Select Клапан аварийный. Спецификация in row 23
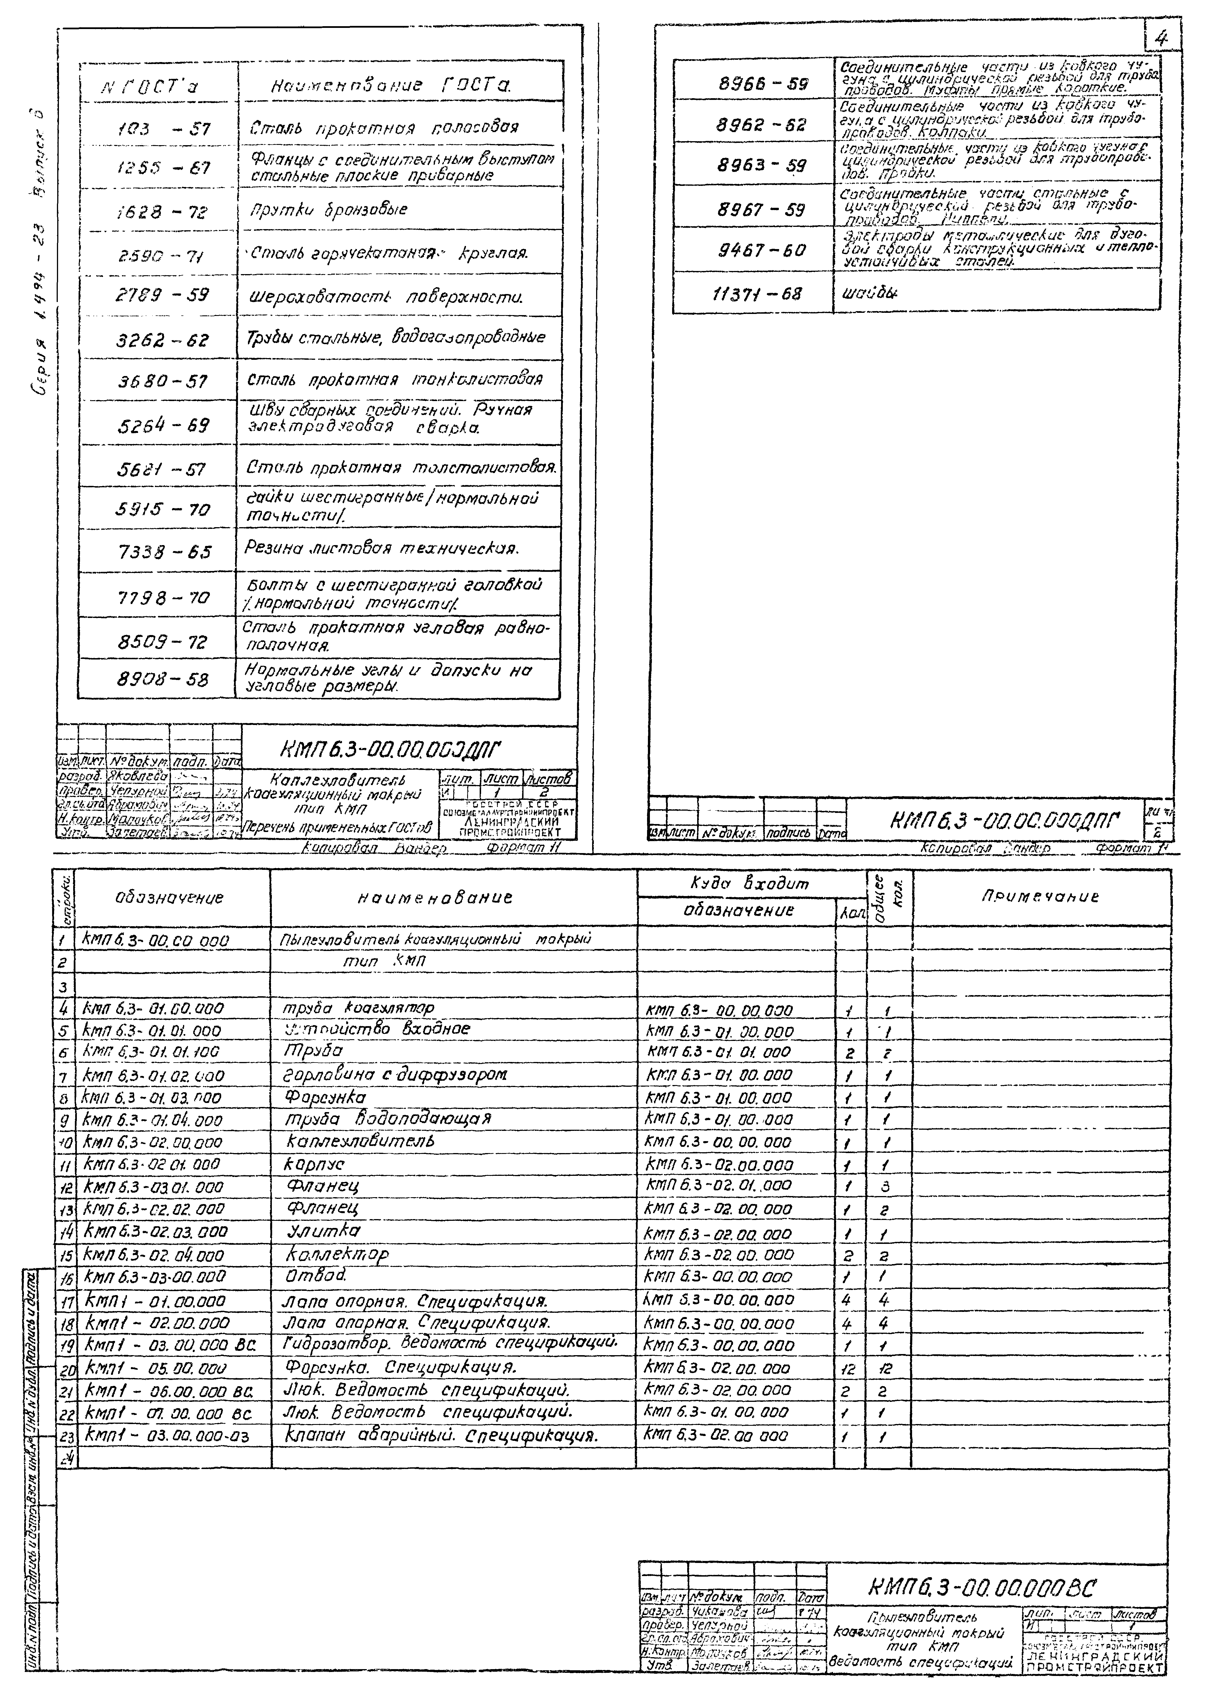tap(442, 1435)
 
